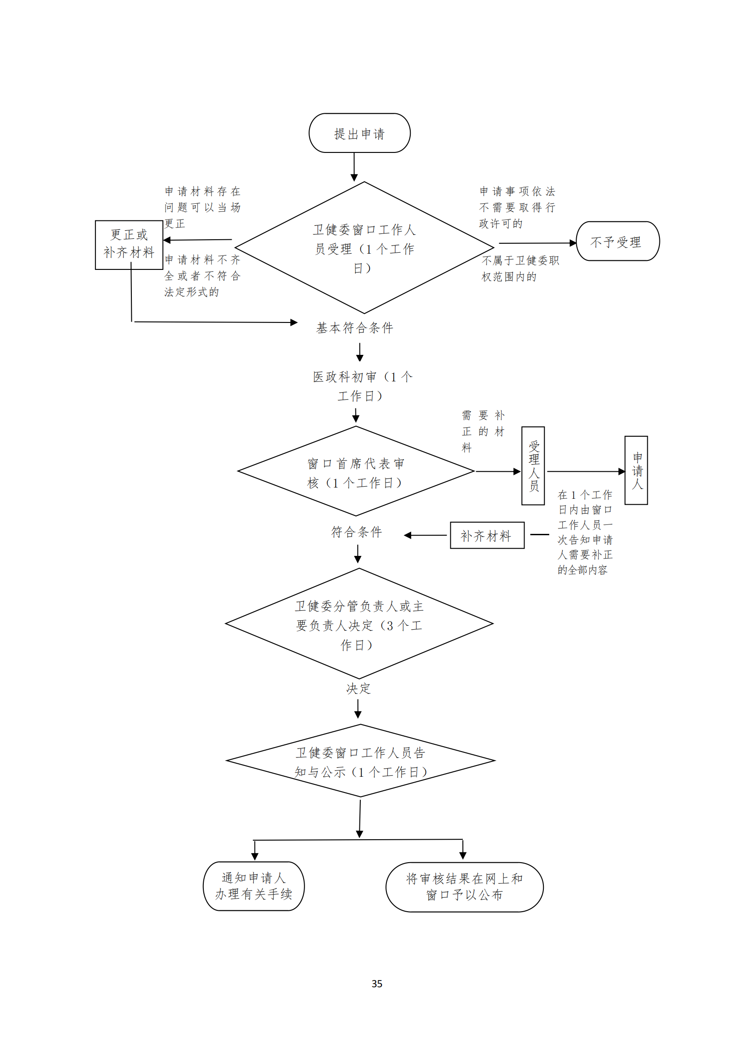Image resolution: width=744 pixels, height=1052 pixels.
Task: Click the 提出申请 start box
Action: coord(359,133)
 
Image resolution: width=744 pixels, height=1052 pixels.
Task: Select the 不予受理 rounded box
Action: coord(617,242)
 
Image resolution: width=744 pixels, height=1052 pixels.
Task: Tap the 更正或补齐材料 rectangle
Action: coord(129,244)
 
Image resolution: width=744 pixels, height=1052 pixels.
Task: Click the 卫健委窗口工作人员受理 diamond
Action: coord(364,248)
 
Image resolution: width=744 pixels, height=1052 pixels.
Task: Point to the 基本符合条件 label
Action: coord(354,327)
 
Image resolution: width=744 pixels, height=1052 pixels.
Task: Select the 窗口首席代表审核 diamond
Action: coord(355,472)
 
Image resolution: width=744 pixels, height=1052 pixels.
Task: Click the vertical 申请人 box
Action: coord(636,470)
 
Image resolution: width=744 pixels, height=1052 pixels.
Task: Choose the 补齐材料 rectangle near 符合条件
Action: coord(487,535)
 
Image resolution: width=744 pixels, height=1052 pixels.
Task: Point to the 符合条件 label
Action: coord(356,532)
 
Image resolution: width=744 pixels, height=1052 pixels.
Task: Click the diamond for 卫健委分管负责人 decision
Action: coord(359,625)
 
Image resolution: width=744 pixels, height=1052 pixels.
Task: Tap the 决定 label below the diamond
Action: coord(358,688)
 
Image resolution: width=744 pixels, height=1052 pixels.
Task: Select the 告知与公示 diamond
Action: coord(360,761)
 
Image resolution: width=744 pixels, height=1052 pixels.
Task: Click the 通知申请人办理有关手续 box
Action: coord(253,886)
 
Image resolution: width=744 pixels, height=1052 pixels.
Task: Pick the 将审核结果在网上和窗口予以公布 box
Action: coord(464,886)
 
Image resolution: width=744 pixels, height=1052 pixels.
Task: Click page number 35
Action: coord(376,983)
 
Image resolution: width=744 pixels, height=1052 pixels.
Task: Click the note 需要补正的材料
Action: coord(482,431)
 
